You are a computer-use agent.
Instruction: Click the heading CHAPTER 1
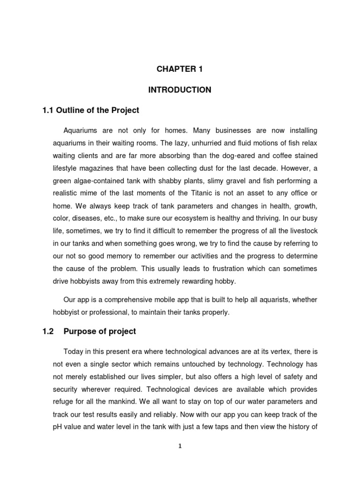pos(180,69)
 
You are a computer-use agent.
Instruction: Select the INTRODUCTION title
pos(180,90)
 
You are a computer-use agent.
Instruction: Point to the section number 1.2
pos(48,331)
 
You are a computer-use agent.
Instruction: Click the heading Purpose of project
pos(100,331)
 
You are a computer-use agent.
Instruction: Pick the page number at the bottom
pos(180,446)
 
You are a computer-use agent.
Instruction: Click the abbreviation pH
pos(57,427)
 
